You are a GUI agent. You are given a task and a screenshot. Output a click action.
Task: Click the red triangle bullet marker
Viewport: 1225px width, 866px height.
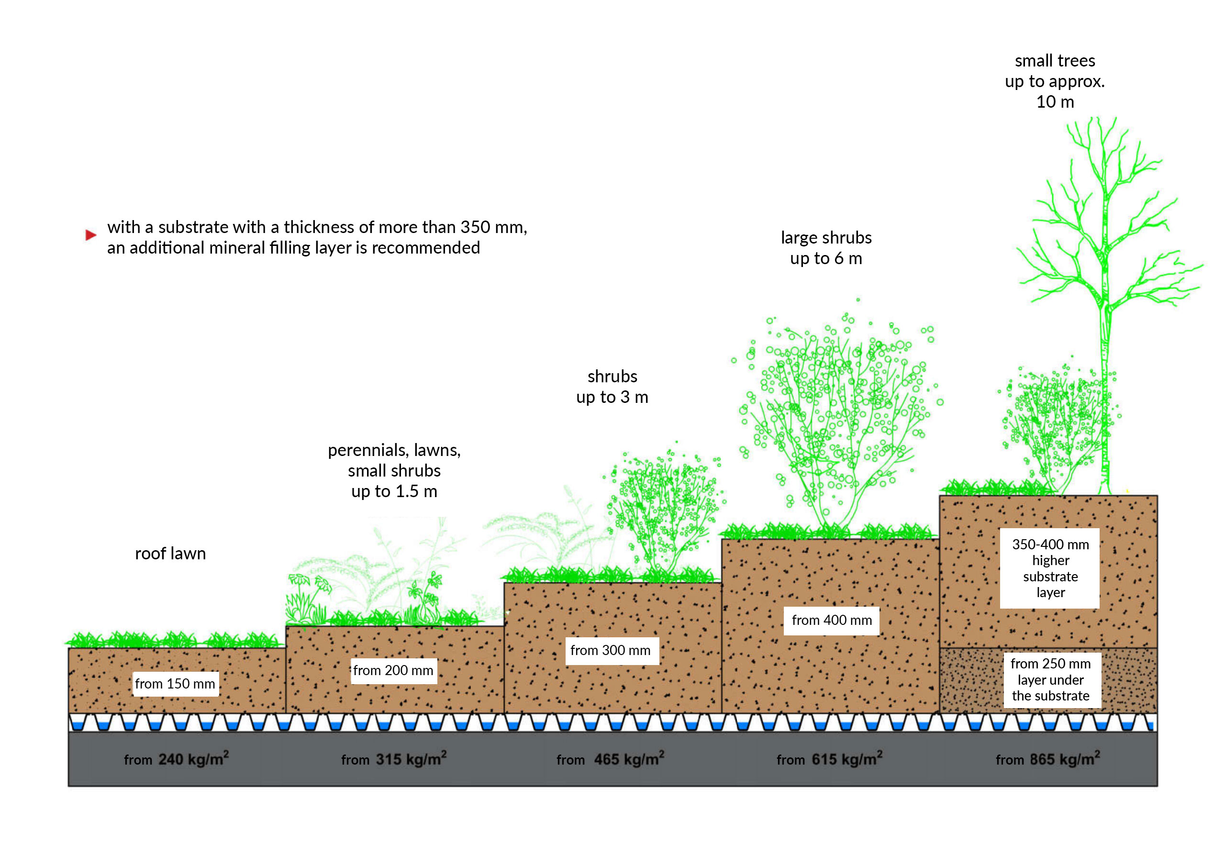[91, 235]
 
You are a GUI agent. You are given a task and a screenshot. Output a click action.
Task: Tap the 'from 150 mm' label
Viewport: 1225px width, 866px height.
[175, 684]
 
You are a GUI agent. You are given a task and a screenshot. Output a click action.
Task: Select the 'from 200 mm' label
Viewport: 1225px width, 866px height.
[394, 671]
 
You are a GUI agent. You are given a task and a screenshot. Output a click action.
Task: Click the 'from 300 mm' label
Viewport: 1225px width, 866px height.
[612, 650]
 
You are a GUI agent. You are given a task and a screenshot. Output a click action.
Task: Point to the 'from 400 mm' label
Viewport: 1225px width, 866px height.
[831, 621]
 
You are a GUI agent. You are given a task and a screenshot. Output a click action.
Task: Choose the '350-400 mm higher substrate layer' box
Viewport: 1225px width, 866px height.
[1050, 568]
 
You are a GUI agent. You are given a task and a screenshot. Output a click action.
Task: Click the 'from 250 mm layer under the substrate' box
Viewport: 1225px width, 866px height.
[1052, 680]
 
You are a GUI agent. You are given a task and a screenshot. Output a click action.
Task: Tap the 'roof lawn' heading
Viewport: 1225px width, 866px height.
[170, 553]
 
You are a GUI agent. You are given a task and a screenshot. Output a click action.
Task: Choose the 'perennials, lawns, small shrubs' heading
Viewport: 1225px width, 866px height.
[394, 460]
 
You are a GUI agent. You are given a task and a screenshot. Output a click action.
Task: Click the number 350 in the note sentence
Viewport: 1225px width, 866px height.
[475, 227]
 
